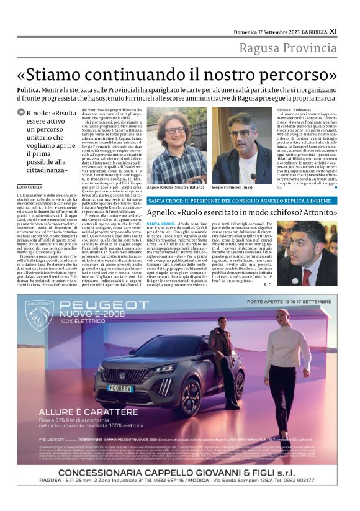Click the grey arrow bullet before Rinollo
[21, 112]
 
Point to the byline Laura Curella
[30, 187]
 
